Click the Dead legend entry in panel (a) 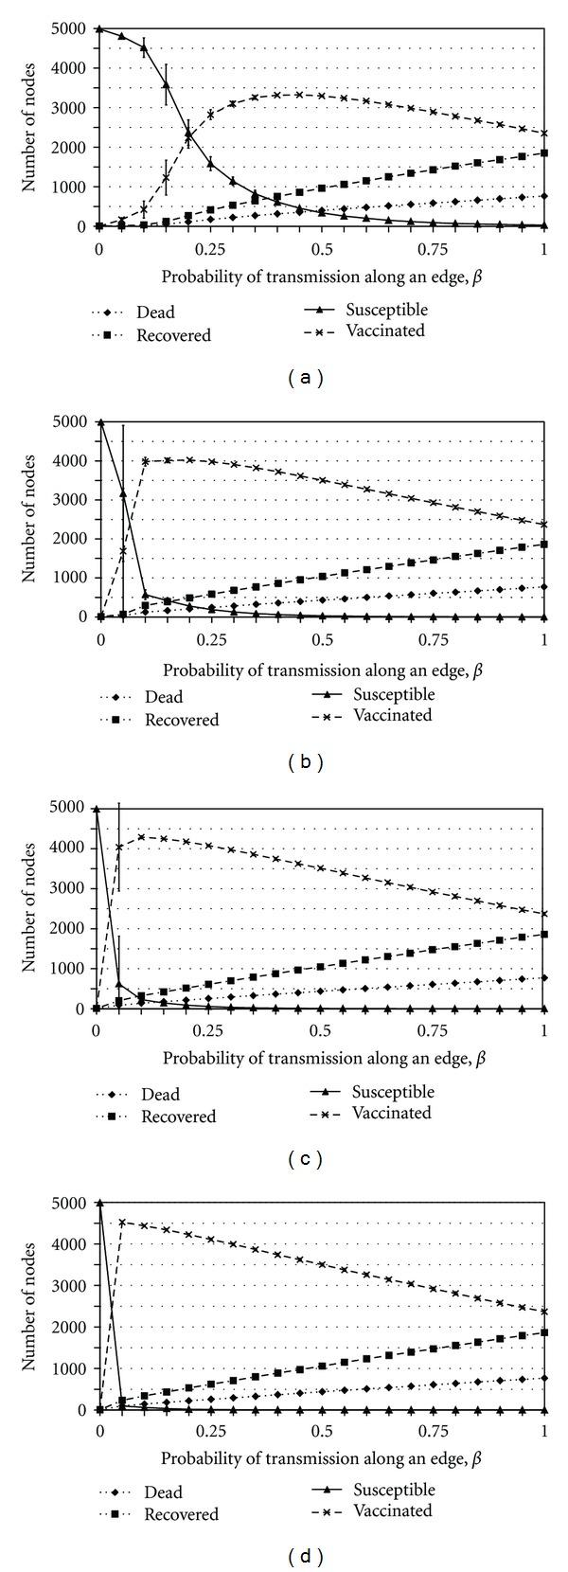point(155,313)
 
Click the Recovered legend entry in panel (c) point(178,1116)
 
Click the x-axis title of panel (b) point(322,670)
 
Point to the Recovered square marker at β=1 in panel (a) point(544,152)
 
